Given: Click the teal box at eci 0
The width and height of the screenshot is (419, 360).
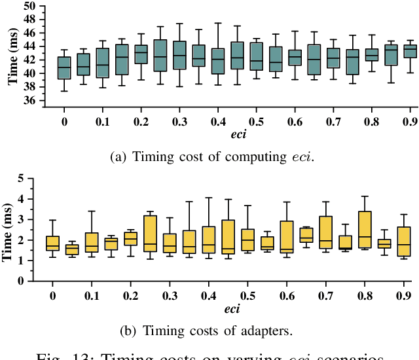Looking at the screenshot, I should coord(64,68).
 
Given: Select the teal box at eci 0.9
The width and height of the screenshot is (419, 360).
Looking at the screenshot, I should coord(410,52).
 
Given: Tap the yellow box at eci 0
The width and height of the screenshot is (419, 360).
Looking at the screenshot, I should coord(52,243).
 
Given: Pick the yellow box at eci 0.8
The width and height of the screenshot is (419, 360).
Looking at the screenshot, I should coord(365,230).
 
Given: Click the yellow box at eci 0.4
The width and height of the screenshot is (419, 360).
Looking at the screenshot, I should coord(209,240).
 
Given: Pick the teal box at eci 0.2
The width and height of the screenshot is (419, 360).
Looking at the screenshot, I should coord(141,54).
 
